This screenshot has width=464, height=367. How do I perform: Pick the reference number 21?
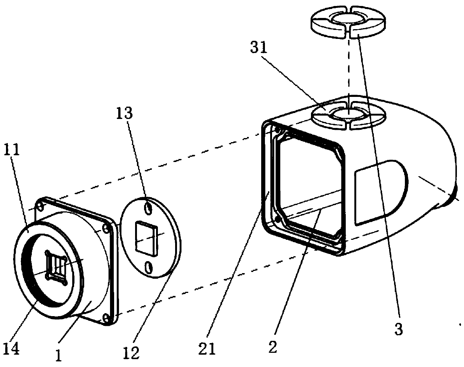[208, 349]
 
